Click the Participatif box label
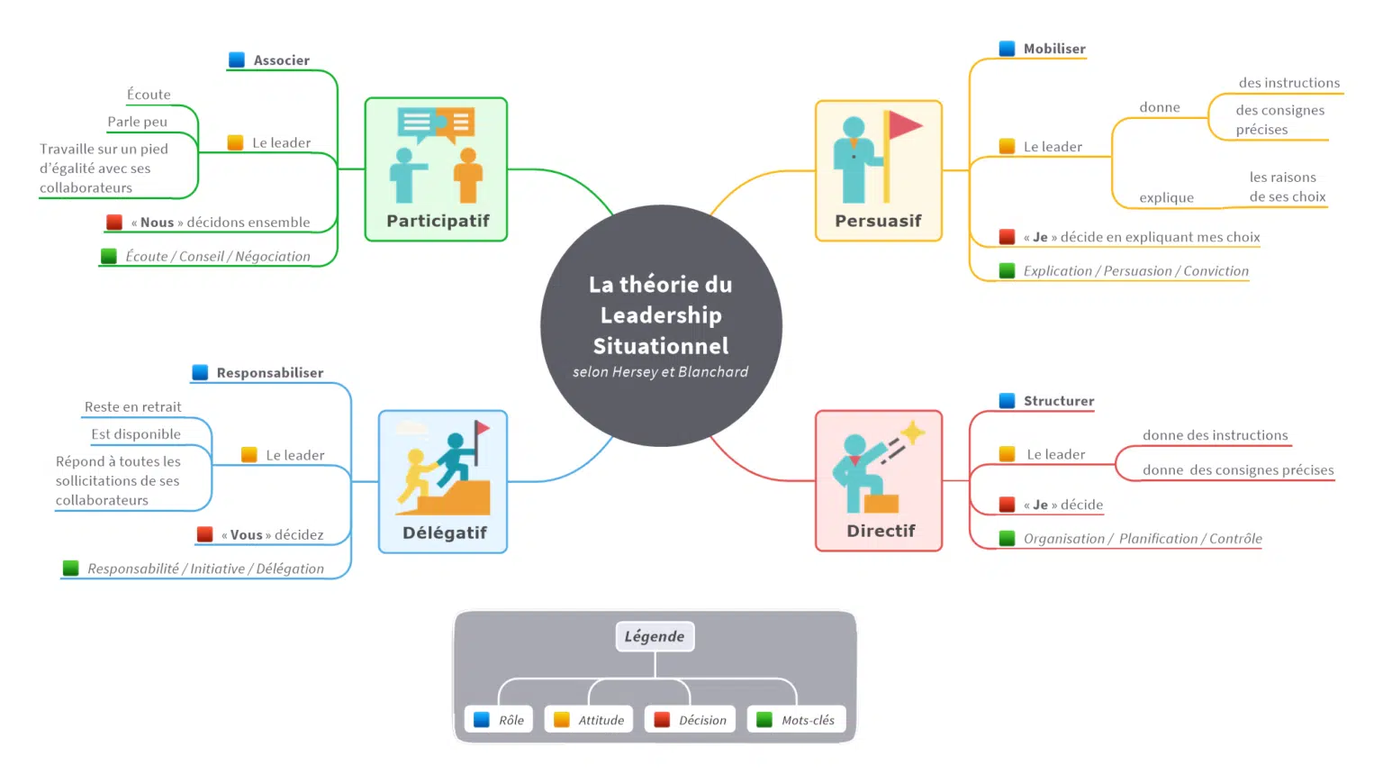[x=438, y=221]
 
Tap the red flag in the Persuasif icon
[x=904, y=125]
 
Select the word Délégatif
[x=444, y=533]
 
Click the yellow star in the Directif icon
[x=912, y=433]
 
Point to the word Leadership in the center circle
[x=661, y=315]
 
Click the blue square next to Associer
[x=237, y=60]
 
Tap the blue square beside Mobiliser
[x=1007, y=49]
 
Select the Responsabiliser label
[x=269, y=373]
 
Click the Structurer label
[x=1058, y=401]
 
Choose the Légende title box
[x=655, y=636]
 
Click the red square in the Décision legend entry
[x=662, y=720]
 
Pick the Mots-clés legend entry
[x=797, y=720]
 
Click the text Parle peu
[x=137, y=122]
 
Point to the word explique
[x=1166, y=198]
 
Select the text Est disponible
[x=136, y=434]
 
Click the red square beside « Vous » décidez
[x=204, y=534]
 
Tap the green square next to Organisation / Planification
[x=1007, y=539]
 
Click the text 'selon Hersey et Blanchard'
[x=660, y=372]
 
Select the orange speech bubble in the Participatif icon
[x=458, y=123]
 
